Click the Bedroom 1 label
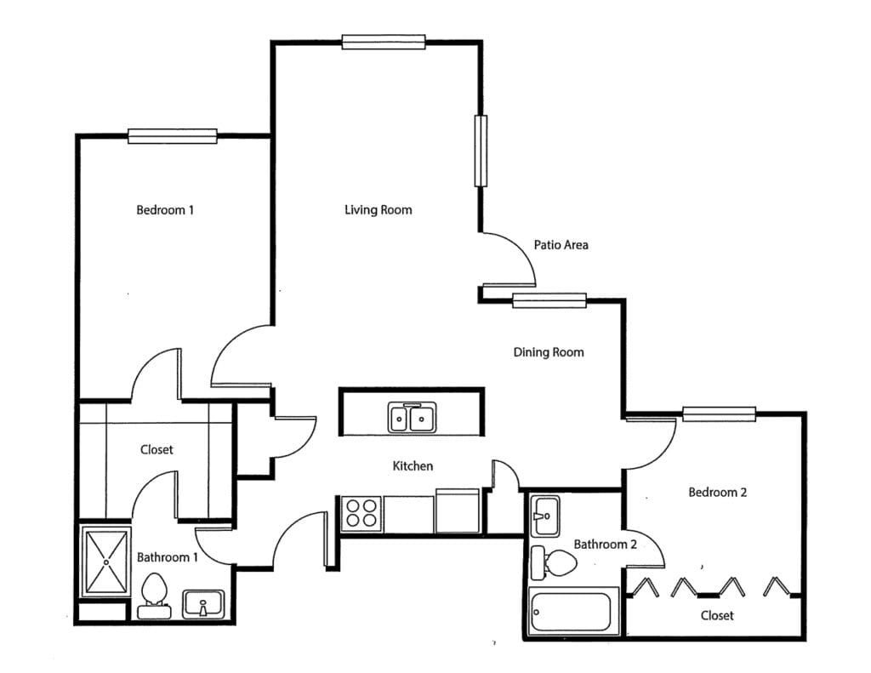tap(165, 209)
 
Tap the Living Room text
tap(378, 209)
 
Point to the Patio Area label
tap(561, 245)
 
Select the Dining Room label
tap(549, 352)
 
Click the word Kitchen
tap(413, 466)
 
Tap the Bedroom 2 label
tap(718, 492)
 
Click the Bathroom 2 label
tap(605, 544)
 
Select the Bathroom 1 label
tap(168, 557)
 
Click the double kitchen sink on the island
tap(413, 418)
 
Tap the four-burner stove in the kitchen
tap(361, 514)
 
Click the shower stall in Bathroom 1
tap(105, 562)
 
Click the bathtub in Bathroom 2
tap(571, 611)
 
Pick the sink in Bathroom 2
tap(545, 515)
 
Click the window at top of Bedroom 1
tap(173, 136)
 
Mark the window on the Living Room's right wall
tap(481, 151)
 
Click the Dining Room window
tap(549, 300)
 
